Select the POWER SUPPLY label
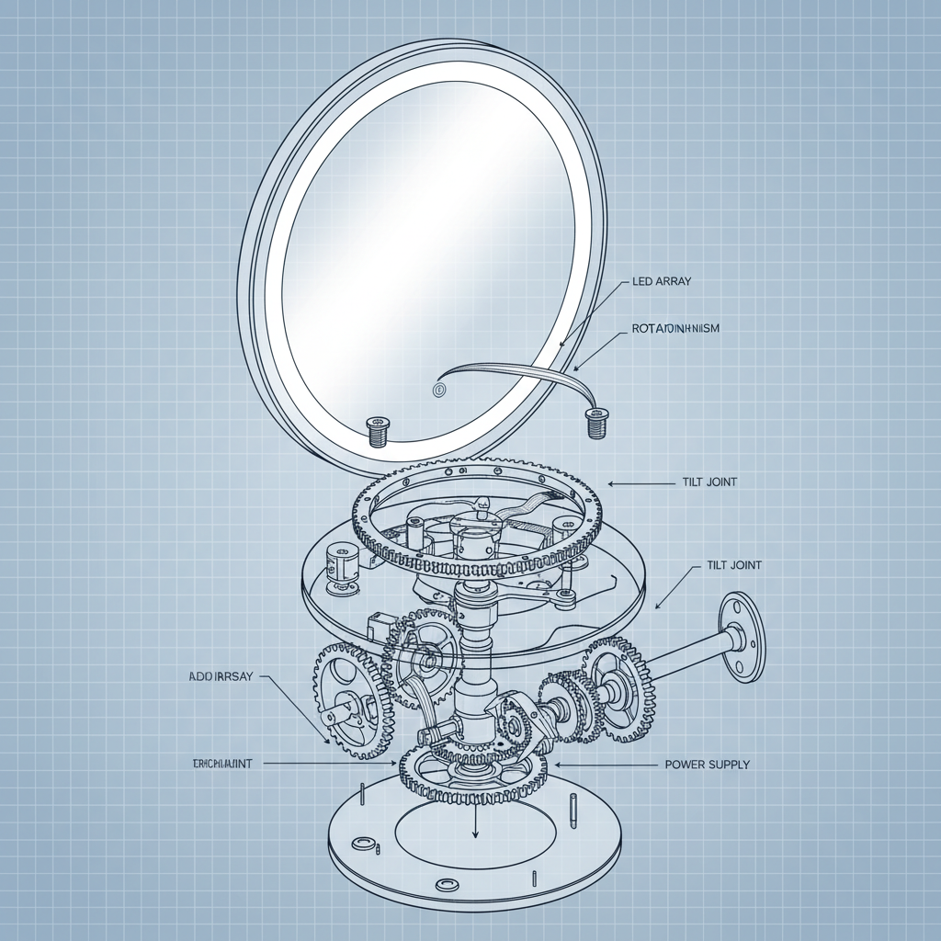pyautogui.click(x=706, y=765)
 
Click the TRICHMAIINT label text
pyautogui.click(x=223, y=764)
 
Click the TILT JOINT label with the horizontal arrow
pyautogui.click(x=710, y=482)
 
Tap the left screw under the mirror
pyautogui.click(x=378, y=429)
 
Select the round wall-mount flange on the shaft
pyautogui.click(x=740, y=637)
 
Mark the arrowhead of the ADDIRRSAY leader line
pyautogui.click(x=326, y=741)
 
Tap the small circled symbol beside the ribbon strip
pyautogui.click(x=437, y=390)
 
